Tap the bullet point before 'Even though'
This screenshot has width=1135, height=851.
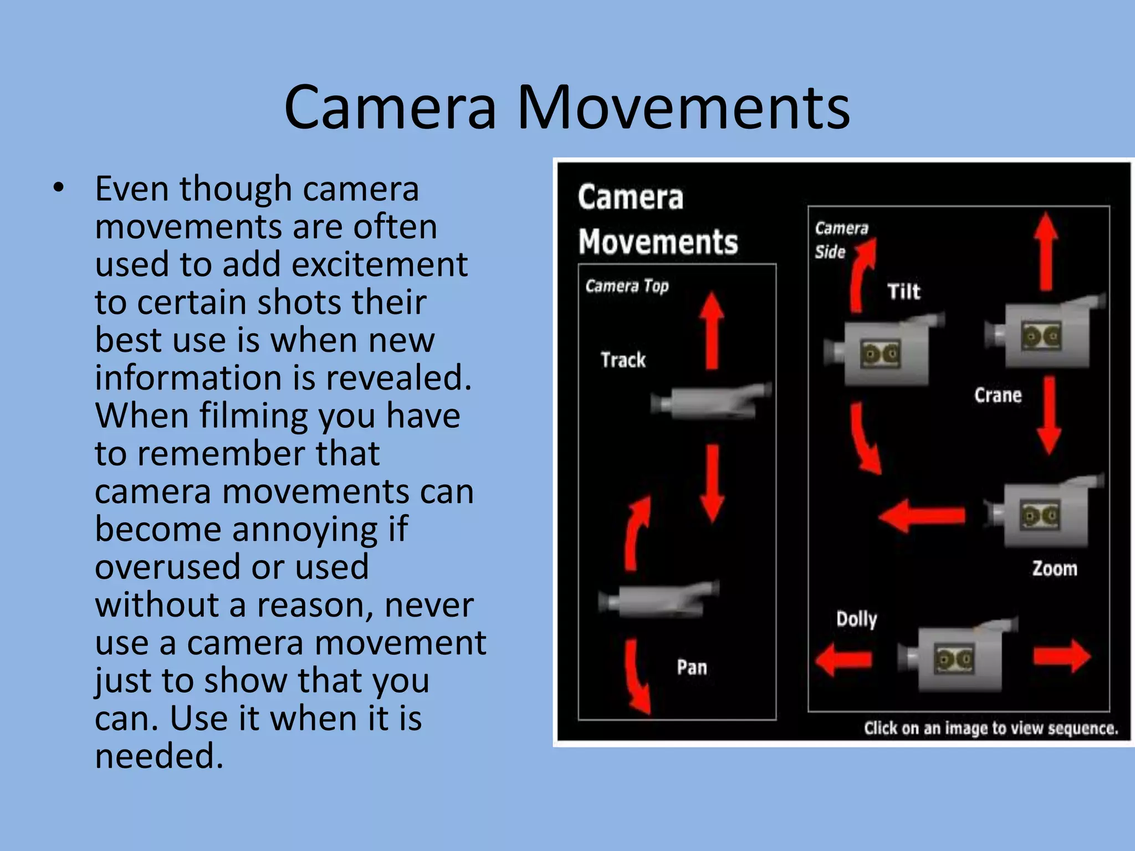pos(59,189)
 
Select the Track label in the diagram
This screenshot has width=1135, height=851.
pos(623,360)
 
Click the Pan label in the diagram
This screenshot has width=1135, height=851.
pos(692,667)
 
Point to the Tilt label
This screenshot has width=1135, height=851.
pos(903,291)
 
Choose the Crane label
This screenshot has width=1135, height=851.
pos(998,395)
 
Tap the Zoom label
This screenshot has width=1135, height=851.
pos(1055,568)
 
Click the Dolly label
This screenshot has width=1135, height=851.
pos(857,619)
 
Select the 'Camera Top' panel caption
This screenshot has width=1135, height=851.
pos(627,286)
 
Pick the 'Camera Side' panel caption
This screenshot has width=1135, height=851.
pos(840,239)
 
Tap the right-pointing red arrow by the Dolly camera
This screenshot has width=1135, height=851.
pos(1062,657)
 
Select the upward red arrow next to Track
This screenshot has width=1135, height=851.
pos(712,330)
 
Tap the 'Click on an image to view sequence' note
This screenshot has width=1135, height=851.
pos(990,728)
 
